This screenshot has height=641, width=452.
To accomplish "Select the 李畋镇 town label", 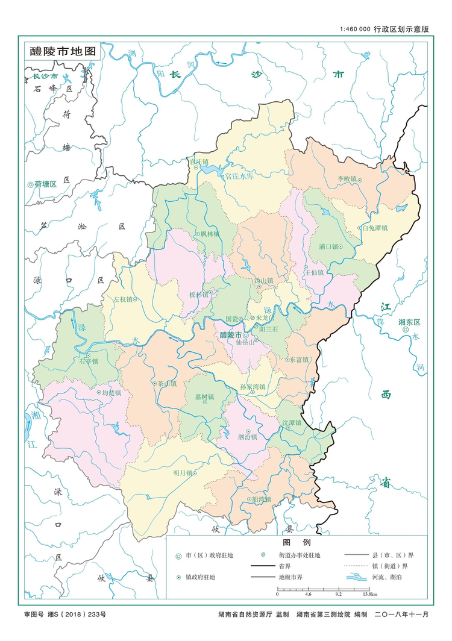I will click(x=347, y=179).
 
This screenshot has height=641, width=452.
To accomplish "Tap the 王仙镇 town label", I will click(x=314, y=272).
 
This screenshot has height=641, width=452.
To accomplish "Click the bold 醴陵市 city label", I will click(x=230, y=335).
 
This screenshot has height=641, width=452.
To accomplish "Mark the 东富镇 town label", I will click(x=299, y=360).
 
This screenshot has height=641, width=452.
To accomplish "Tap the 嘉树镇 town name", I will click(x=205, y=396).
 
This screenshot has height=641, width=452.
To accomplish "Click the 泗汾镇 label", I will click(x=247, y=437).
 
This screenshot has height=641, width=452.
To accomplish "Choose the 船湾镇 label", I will click(x=262, y=499).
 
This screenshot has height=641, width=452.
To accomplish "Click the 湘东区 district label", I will click(x=409, y=322).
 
